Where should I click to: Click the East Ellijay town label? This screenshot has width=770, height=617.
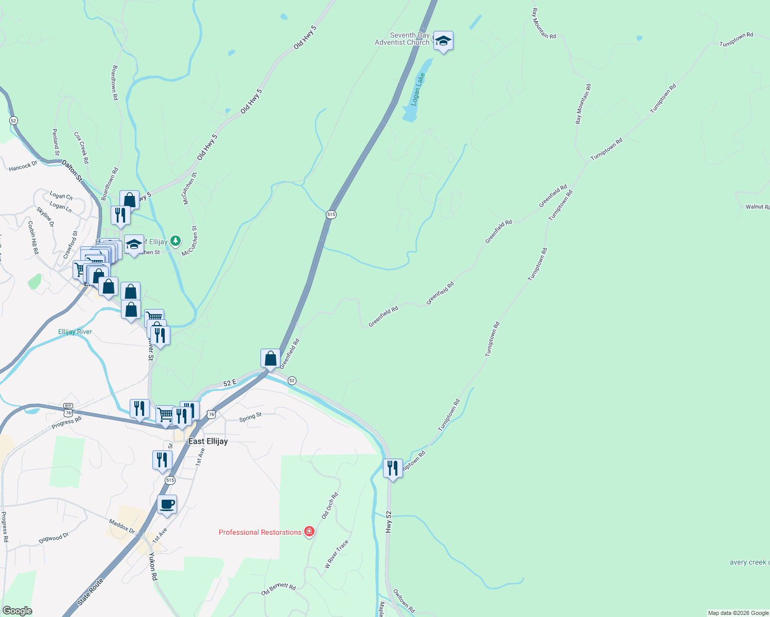pyautogui.click(x=208, y=441)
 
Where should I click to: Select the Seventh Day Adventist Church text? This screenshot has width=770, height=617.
pyautogui.click(x=402, y=39)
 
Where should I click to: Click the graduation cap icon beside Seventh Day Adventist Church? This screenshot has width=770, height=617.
pyautogui.click(x=443, y=41)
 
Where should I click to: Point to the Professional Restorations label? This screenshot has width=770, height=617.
pyautogui.click(x=260, y=532)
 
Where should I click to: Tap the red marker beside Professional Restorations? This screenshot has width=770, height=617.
pyautogui.click(x=309, y=532)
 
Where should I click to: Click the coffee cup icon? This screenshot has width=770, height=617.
pyautogui.click(x=167, y=504)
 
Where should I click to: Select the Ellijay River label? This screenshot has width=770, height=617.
pyautogui.click(x=75, y=332)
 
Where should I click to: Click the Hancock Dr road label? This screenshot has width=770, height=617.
pyautogui.click(x=23, y=166)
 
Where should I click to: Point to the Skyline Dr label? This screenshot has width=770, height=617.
pyautogui.click(x=45, y=216)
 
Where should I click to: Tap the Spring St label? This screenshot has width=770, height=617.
pyautogui.click(x=250, y=418)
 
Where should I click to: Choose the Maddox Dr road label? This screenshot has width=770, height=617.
pyautogui.click(x=122, y=527)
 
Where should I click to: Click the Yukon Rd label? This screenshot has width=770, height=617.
pyautogui.click(x=153, y=567)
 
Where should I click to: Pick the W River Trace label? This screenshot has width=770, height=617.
pyautogui.click(x=336, y=554)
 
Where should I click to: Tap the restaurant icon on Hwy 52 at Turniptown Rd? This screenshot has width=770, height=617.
pyautogui.click(x=393, y=468)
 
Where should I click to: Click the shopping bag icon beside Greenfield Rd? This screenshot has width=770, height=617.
pyautogui.click(x=270, y=358)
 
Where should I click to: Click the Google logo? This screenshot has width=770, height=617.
pyautogui.click(x=17, y=610)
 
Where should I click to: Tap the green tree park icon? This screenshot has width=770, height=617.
pyautogui.click(x=176, y=241)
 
